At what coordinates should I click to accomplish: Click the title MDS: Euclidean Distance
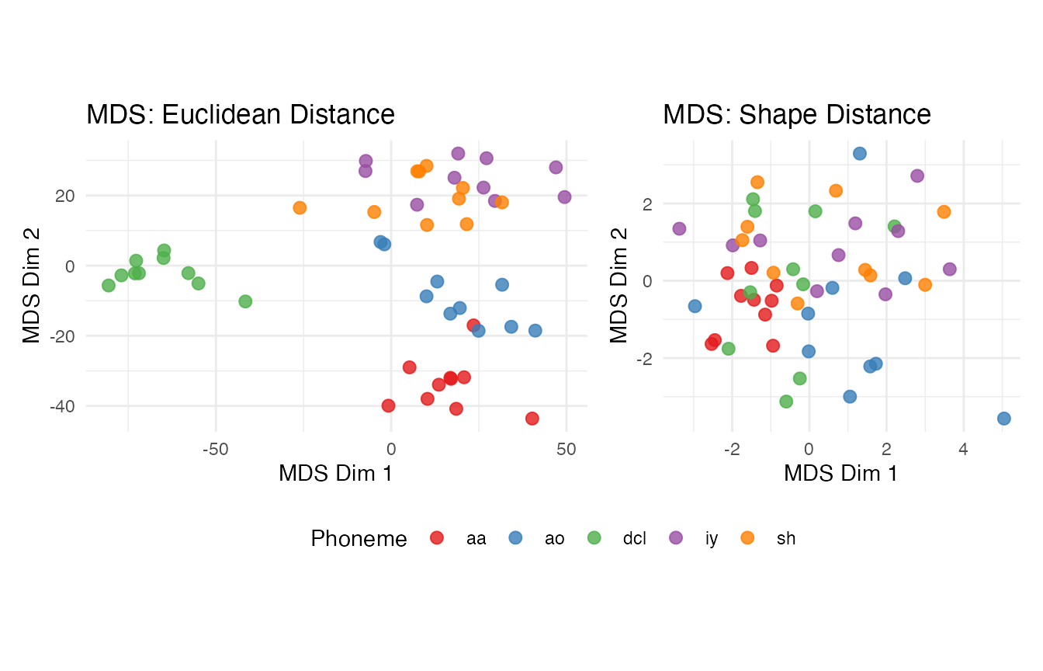(x=241, y=115)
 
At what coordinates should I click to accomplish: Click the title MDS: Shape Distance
(x=796, y=115)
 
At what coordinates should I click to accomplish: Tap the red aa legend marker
(x=437, y=537)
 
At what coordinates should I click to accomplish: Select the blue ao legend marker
(x=515, y=537)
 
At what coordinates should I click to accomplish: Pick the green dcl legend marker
(x=594, y=537)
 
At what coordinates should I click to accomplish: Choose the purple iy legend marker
(x=675, y=537)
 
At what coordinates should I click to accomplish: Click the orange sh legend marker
(x=747, y=537)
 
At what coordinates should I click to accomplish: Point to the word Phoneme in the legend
(x=359, y=539)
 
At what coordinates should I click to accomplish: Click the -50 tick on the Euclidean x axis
(x=215, y=450)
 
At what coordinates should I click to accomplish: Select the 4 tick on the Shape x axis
(x=962, y=450)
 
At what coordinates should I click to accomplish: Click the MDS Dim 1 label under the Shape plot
(x=840, y=473)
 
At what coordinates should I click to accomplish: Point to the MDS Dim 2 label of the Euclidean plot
(x=32, y=284)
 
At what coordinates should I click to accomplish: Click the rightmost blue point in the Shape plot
(x=1003, y=419)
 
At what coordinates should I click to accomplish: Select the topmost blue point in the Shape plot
(x=860, y=154)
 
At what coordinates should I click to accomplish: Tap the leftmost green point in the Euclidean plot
(x=109, y=285)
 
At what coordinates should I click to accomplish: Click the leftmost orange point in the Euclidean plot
(x=300, y=207)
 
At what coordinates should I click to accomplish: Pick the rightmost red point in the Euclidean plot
(x=532, y=419)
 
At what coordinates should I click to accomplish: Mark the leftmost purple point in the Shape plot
(x=679, y=228)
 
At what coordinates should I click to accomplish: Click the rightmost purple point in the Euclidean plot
(x=564, y=196)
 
